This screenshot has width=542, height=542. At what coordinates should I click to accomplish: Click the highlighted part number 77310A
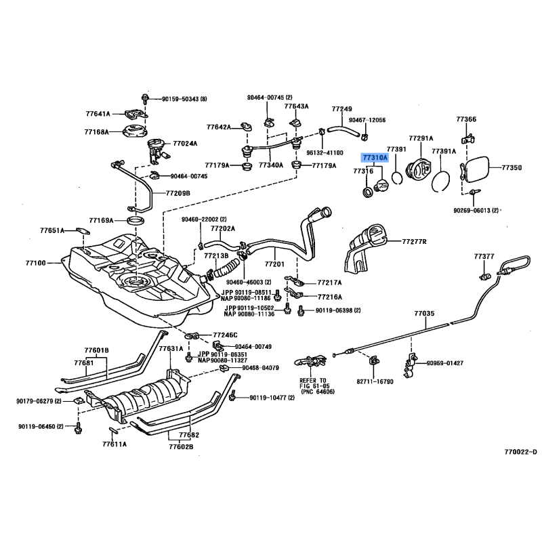[374, 157]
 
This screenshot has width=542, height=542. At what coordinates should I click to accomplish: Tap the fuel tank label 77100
[35, 262]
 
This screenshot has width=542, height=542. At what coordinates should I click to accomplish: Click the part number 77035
[424, 314]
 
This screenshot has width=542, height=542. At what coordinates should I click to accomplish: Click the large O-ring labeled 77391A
[442, 176]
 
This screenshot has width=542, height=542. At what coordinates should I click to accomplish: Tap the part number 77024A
[185, 144]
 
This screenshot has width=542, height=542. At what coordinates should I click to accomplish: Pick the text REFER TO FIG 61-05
[313, 384]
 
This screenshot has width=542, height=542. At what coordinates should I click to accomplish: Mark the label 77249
[341, 109]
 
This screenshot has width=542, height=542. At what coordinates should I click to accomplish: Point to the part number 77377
[484, 257]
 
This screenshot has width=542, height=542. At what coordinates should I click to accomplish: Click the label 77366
[466, 119]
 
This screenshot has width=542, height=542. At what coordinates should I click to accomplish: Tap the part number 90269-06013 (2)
[476, 211]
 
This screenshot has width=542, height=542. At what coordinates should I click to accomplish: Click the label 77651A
[51, 230]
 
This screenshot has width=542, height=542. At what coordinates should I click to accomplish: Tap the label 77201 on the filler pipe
[274, 264]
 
